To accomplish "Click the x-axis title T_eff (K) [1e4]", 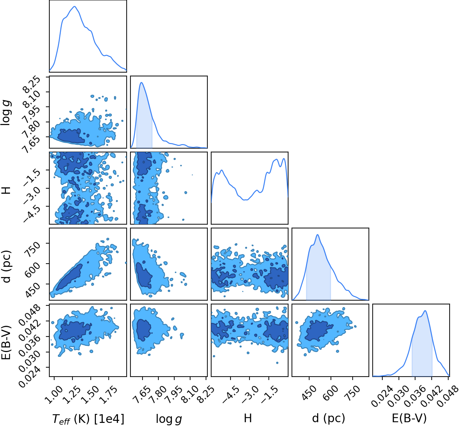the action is (x=88, y=418).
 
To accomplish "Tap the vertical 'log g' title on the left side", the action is (x=6, y=113).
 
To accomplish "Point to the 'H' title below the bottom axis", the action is (x=248, y=418).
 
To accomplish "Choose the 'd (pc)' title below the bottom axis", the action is (x=328, y=418).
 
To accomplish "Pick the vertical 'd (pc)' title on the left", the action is (x=6, y=266).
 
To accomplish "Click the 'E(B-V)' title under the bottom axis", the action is (x=409, y=418).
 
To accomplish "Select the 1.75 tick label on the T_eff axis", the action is (x=107, y=394).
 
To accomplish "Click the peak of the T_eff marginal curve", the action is (x=75, y=6).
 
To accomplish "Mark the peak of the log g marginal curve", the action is (x=141, y=82).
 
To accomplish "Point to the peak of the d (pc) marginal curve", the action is (x=317, y=235).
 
